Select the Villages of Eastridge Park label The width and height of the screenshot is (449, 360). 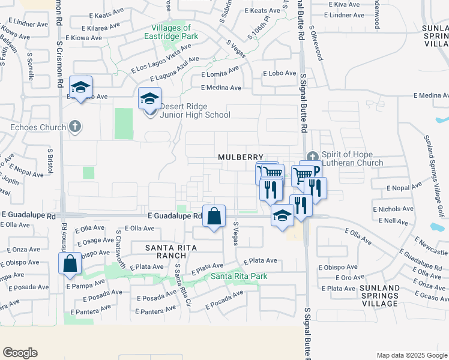coord(179,32)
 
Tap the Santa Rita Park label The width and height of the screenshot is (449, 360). coord(238,276)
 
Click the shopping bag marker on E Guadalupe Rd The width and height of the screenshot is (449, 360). coord(214,216)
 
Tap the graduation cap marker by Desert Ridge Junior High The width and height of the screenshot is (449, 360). coord(149,98)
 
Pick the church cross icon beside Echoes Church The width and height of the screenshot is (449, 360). coord(74,127)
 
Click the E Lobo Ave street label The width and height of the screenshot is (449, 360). coord(280,73)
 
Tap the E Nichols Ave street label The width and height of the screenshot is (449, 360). coord(393,209)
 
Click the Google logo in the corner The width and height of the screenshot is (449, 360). coord(20,353)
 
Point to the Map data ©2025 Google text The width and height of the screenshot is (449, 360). coord(412,355)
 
